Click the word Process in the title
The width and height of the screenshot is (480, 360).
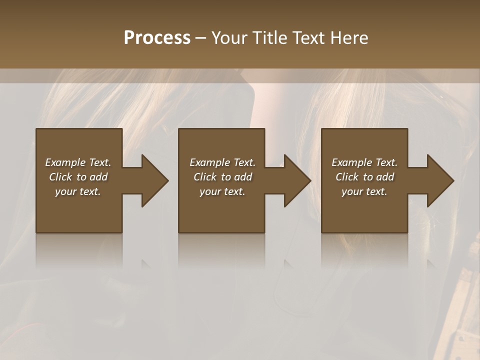pyautogui.click(x=157, y=38)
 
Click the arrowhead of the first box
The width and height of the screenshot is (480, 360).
pyautogui.click(x=154, y=180)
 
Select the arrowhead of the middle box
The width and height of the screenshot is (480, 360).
pyautogui.click(x=296, y=180)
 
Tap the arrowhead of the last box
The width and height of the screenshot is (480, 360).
pyautogui.click(x=439, y=180)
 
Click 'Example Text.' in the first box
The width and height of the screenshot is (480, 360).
pyautogui.click(x=78, y=162)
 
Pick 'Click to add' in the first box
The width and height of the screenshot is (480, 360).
pyautogui.click(x=78, y=177)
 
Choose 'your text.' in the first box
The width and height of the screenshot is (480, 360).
pyautogui.click(x=78, y=191)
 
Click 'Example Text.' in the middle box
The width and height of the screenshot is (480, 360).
pyautogui.click(x=222, y=162)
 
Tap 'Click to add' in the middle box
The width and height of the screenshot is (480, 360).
pyautogui.click(x=222, y=177)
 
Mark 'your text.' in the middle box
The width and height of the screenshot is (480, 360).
pyautogui.click(x=222, y=191)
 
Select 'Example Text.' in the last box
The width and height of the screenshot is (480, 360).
pyautogui.click(x=364, y=162)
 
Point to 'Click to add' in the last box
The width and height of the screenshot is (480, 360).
pyautogui.click(x=364, y=177)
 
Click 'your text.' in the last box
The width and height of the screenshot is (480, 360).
pyautogui.click(x=364, y=191)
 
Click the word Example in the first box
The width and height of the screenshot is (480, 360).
pyautogui.click(x=65, y=162)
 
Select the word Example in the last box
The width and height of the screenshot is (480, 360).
pyautogui.click(x=352, y=162)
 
